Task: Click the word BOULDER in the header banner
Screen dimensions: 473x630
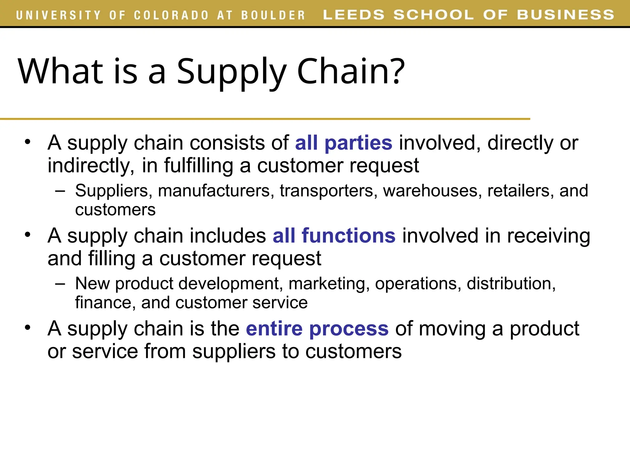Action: point(273,15)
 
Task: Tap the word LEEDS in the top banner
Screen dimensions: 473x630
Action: point(354,15)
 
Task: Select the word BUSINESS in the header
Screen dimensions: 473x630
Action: point(565,15)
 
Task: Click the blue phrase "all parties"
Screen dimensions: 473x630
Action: point(344,143)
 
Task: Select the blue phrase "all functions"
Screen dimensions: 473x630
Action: point(334,236)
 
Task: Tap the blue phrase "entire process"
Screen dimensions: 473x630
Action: point(317,329)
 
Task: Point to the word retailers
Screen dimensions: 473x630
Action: point(520,191)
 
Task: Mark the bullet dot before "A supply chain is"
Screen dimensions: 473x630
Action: point(28,327)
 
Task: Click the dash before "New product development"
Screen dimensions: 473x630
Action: point(60,284)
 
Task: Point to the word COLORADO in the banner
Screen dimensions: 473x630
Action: point(171,15)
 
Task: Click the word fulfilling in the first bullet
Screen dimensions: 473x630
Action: point(198,166)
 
